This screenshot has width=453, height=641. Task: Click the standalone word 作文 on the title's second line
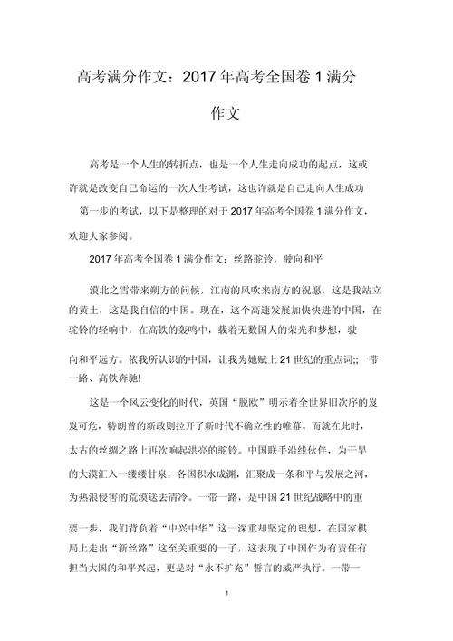[226, 115]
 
